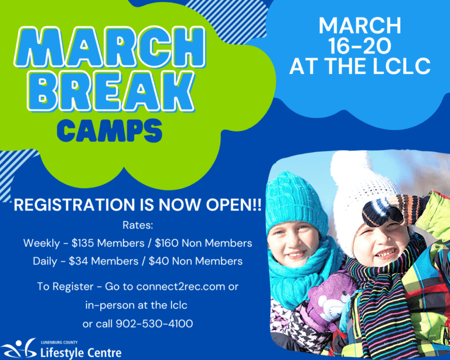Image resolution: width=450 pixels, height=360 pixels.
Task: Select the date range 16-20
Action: point(360,45)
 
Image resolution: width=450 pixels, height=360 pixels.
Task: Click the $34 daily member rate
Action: point(80,261)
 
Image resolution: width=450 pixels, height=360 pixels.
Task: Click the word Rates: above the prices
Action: point(138,225)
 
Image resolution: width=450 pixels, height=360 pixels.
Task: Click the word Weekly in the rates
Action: point(41,243)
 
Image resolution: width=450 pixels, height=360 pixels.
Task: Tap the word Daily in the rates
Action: point(45,261)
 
